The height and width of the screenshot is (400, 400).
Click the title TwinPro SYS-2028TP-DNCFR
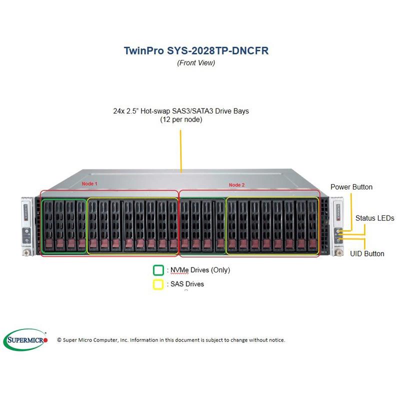pos(199,50)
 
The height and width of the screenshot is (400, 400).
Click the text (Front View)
pos(196,62)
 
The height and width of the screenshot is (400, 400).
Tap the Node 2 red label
pos(236,184)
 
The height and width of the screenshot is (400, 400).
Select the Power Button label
pos(351,187)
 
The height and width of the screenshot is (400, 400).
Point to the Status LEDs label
pos(374,218)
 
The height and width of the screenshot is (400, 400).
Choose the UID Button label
pos(367,253)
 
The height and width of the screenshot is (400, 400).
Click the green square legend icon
pos(158,270)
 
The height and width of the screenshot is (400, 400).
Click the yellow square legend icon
pos(158,284)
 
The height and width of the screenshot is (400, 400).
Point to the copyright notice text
pos(171,340)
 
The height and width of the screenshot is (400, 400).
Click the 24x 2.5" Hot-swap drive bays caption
pos(181,111)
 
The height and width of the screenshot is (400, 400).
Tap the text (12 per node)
pos(181,120)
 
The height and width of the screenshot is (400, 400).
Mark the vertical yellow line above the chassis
pos(181,148)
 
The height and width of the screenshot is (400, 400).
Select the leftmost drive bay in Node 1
pos(47,225)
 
